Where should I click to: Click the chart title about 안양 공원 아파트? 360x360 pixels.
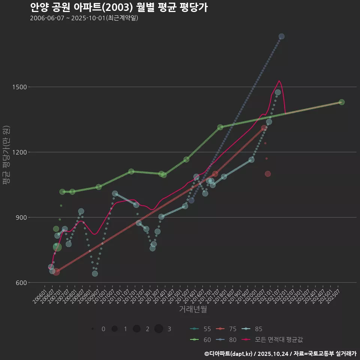pos(119,7)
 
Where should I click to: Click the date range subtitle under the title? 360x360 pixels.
pos(84,18)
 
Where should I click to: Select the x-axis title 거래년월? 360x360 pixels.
pos(193,309)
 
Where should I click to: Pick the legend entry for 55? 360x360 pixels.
pos(200,329)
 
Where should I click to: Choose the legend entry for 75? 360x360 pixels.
pos(226,329)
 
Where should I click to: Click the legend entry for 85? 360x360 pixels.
pos(252,329)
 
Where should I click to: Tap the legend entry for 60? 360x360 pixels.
pos(200,339)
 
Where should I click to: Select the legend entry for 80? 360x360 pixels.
pos(226,339)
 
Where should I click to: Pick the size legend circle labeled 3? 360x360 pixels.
pos(159,329)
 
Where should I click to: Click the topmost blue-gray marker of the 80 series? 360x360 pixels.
pos(282,36)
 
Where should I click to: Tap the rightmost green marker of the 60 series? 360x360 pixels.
pos(342,102)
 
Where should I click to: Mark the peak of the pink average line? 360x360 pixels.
pos(279,81)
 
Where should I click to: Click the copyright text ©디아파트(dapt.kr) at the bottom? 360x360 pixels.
pos(229,354)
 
